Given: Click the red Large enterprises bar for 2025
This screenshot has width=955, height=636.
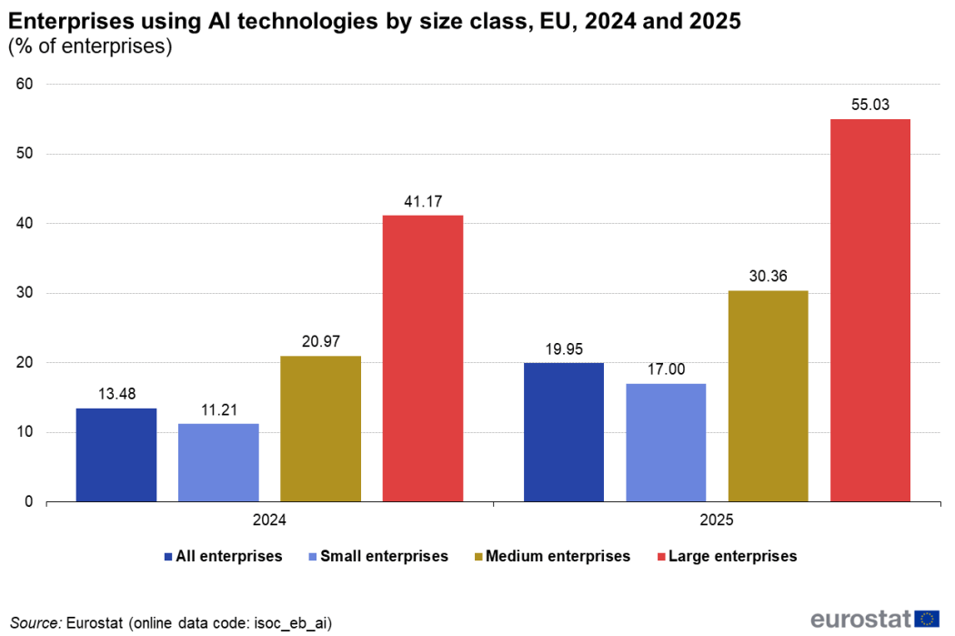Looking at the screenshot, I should pyautogui.click(x=870, y=310).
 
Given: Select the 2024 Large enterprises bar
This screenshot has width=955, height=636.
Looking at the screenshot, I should pyautogui.click(x=423, y=358).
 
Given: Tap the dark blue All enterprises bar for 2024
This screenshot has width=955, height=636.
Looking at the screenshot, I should pyautogui.click(x=116, y=455).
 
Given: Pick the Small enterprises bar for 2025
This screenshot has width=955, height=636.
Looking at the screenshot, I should pyautogui.click(x=666, y=442).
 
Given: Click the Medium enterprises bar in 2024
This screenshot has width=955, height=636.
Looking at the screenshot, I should pyautogui.click(x=320, y=429).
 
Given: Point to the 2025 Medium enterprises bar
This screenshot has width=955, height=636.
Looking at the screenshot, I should pyautogui.click(x=769, y=396).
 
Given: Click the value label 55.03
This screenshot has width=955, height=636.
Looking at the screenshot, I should pyautogui.click(x=870, y=105).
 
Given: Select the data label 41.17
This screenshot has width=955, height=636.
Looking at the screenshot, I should pyautogui.click(x=423, y=201).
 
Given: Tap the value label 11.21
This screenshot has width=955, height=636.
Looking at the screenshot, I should pyautogui.click(x=218, y=409).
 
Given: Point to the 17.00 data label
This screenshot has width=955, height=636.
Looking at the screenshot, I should pyautogui.click(x=666, y=369).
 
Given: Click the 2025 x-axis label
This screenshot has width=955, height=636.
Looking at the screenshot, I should pyautogui.click(x=718, y=522).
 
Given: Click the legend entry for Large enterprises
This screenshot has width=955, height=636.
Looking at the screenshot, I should pyautogui.click(x=732, y=556).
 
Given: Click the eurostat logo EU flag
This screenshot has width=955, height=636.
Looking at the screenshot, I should pyautogui.click(x=928, y=619).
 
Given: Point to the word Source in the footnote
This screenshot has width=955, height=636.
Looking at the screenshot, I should pyautogui.click(x=35, y=622).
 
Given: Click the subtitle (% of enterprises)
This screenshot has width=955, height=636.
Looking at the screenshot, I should pyautogui.click(x=90, y=46).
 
